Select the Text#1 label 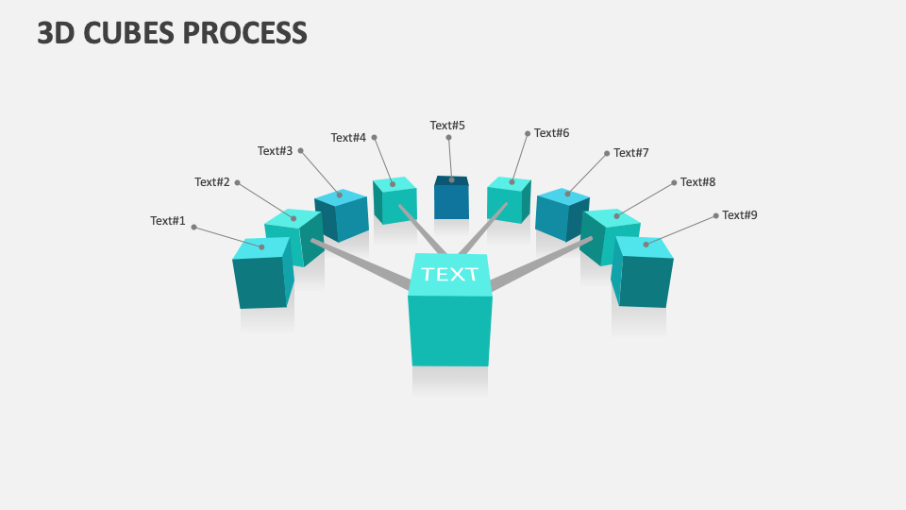(x=168, y=221)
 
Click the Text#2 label (x=212, y=182)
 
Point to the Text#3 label (x=276, y=151)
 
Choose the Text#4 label (x=348, y=138)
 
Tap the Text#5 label (x=447, y=126)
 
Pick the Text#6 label (x=552, y=133)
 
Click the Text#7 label (x=631, y=153)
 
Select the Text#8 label (x=698, y=182)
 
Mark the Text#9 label (x=740, y=215)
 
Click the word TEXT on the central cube (x=450, y=275)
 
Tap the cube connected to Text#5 (x=451, y=198)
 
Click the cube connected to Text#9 (x=645, y=273)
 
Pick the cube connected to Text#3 (x=342, y=215)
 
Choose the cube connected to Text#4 (x=394, y=200)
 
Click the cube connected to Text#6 (x=508, y=200)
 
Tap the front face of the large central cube (x=450, y=331)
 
